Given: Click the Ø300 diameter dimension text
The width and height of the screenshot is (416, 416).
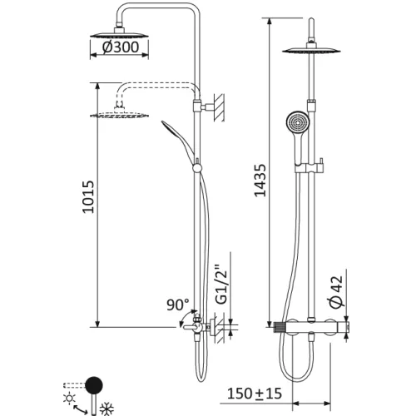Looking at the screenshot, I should pyautogui.click(x=122, y=48).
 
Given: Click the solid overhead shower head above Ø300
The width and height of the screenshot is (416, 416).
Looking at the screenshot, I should pyautogui.click(x=121, y=31).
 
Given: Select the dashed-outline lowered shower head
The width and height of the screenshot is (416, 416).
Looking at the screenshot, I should pyautogui.click(x=121, y=114).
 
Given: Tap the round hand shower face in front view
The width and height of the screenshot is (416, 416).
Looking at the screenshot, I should pyautogui.click(x=296, y=121).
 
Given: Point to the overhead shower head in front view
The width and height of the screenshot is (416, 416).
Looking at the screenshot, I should pyautogui.click(x=312, y=52).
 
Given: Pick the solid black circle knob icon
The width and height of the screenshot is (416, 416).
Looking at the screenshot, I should pyautogui.click(x=96, y=384).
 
